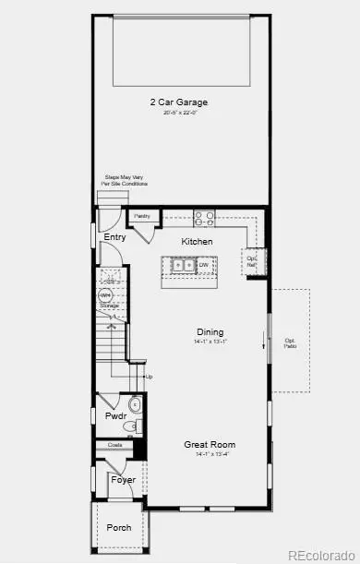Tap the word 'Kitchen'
pos(197,242)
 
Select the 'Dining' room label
pos(210,332)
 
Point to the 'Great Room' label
pos(210,444)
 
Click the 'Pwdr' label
pos(114,417)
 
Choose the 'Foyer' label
pos(123,480)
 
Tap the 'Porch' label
pos(118,528)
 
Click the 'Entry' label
pos(115,237)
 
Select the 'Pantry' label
pos(142,216)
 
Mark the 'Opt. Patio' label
pos(289,341)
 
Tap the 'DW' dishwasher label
pos(203,266)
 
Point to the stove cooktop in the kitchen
pos(205,219)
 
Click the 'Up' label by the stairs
pos(148,377)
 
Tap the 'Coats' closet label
pos(115,446)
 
